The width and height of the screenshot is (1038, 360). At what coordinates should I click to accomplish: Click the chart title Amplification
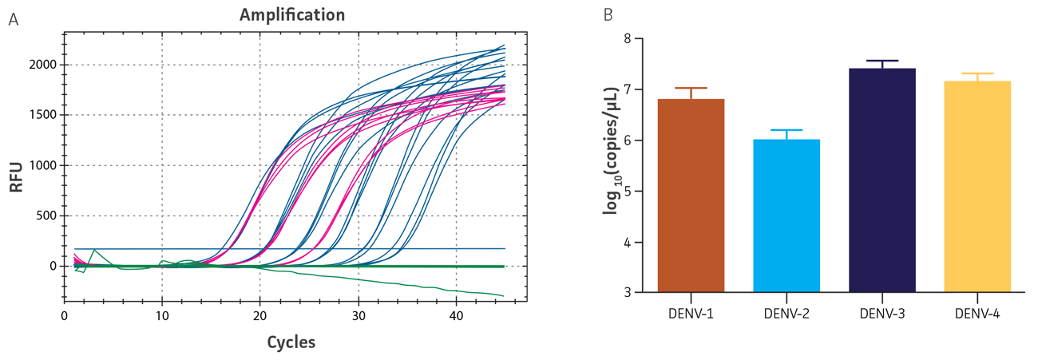tap(292, 15)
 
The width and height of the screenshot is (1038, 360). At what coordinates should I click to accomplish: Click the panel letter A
tap(13, 19)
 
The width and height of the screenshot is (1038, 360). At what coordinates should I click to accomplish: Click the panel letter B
tap(608, 15)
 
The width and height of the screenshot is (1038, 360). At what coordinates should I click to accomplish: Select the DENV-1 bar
tap(691, 196)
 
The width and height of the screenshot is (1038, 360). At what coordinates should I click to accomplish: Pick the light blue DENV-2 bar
tap(786, 216)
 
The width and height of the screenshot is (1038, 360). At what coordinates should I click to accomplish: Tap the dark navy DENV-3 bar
tap(882, 180)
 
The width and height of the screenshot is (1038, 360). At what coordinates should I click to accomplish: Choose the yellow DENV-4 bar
tap(977, 187)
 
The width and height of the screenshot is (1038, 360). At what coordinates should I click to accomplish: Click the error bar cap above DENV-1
tap(691, 88)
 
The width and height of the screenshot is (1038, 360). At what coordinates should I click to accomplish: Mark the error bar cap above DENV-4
tap(977, 73)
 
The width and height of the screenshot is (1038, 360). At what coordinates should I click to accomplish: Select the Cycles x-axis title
tap(291, 342)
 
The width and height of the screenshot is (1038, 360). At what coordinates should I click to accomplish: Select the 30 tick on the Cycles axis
tap(358, 316)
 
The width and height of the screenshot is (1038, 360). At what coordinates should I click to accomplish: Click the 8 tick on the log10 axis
tap(627, 38)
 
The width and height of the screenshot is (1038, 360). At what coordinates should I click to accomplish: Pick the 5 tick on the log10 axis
tap(627, 192)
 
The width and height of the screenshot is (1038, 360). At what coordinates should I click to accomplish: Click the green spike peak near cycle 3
tap(94, 250)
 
